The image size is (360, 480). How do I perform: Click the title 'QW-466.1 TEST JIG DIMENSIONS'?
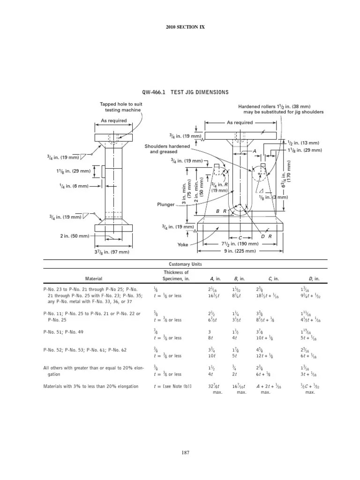[185, 92]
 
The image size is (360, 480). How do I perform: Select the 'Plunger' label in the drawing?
[166, 205]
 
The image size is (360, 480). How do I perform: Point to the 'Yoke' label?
[182, 245]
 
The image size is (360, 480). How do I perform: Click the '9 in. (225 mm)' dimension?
[240, 251]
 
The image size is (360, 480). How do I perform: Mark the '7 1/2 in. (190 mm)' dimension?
[240, 244]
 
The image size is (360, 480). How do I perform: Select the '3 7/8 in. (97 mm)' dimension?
[112, 252]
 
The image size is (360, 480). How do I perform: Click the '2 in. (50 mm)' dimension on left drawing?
[74, 236]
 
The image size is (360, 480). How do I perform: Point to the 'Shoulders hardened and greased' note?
[161, 149]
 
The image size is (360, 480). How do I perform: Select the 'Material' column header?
[93, 278]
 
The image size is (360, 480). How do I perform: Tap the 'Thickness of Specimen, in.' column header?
[176, 276]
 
